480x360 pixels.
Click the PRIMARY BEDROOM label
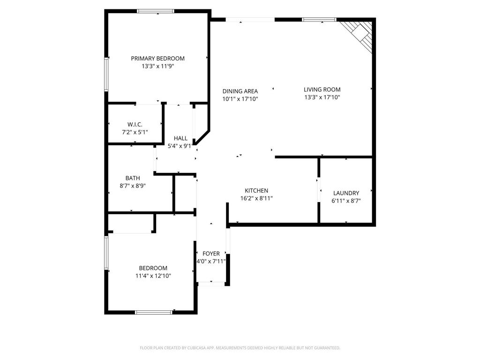(157, 59)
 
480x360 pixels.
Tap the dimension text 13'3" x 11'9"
(157, 67)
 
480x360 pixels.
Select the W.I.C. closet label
(135, 124)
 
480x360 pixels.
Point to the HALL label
(180, 138)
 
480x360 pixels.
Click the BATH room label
(133, 178)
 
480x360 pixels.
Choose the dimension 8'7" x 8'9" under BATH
(133, 186)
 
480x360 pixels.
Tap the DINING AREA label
(240, 91)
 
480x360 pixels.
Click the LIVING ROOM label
(322, 90)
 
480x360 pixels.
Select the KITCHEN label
(256, 190)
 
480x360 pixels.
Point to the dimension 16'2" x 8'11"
(256, 198)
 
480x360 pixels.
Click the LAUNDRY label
(346, 193)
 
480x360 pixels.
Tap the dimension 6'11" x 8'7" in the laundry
(346, 201)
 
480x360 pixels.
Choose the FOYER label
(211, 254)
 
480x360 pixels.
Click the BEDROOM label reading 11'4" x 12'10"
(153, 268)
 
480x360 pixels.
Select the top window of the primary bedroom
(156, 11)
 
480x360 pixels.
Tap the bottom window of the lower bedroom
(153, 312)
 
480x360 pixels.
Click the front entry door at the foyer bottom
(211, 283)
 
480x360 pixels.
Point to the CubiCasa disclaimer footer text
(240, 348)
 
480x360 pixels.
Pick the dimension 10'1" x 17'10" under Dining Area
(240, 99)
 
